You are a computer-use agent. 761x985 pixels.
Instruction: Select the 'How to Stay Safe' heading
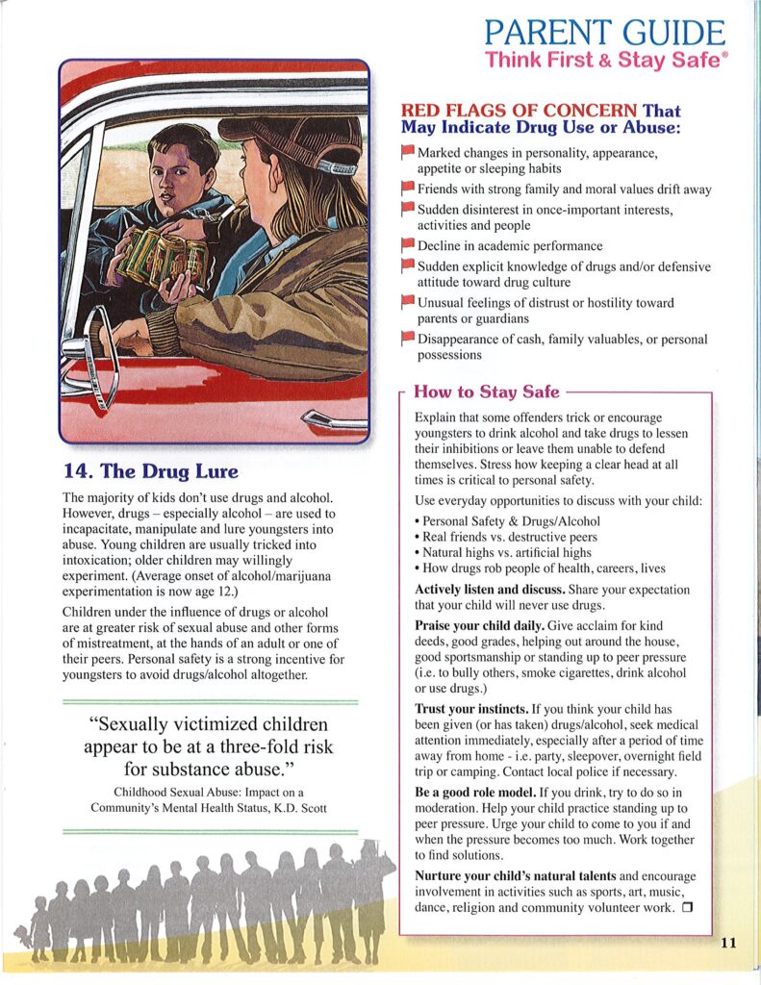click(486, 392)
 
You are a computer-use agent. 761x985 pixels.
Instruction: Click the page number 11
click(727, 943)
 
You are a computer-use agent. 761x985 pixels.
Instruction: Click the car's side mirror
click(91, 345)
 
